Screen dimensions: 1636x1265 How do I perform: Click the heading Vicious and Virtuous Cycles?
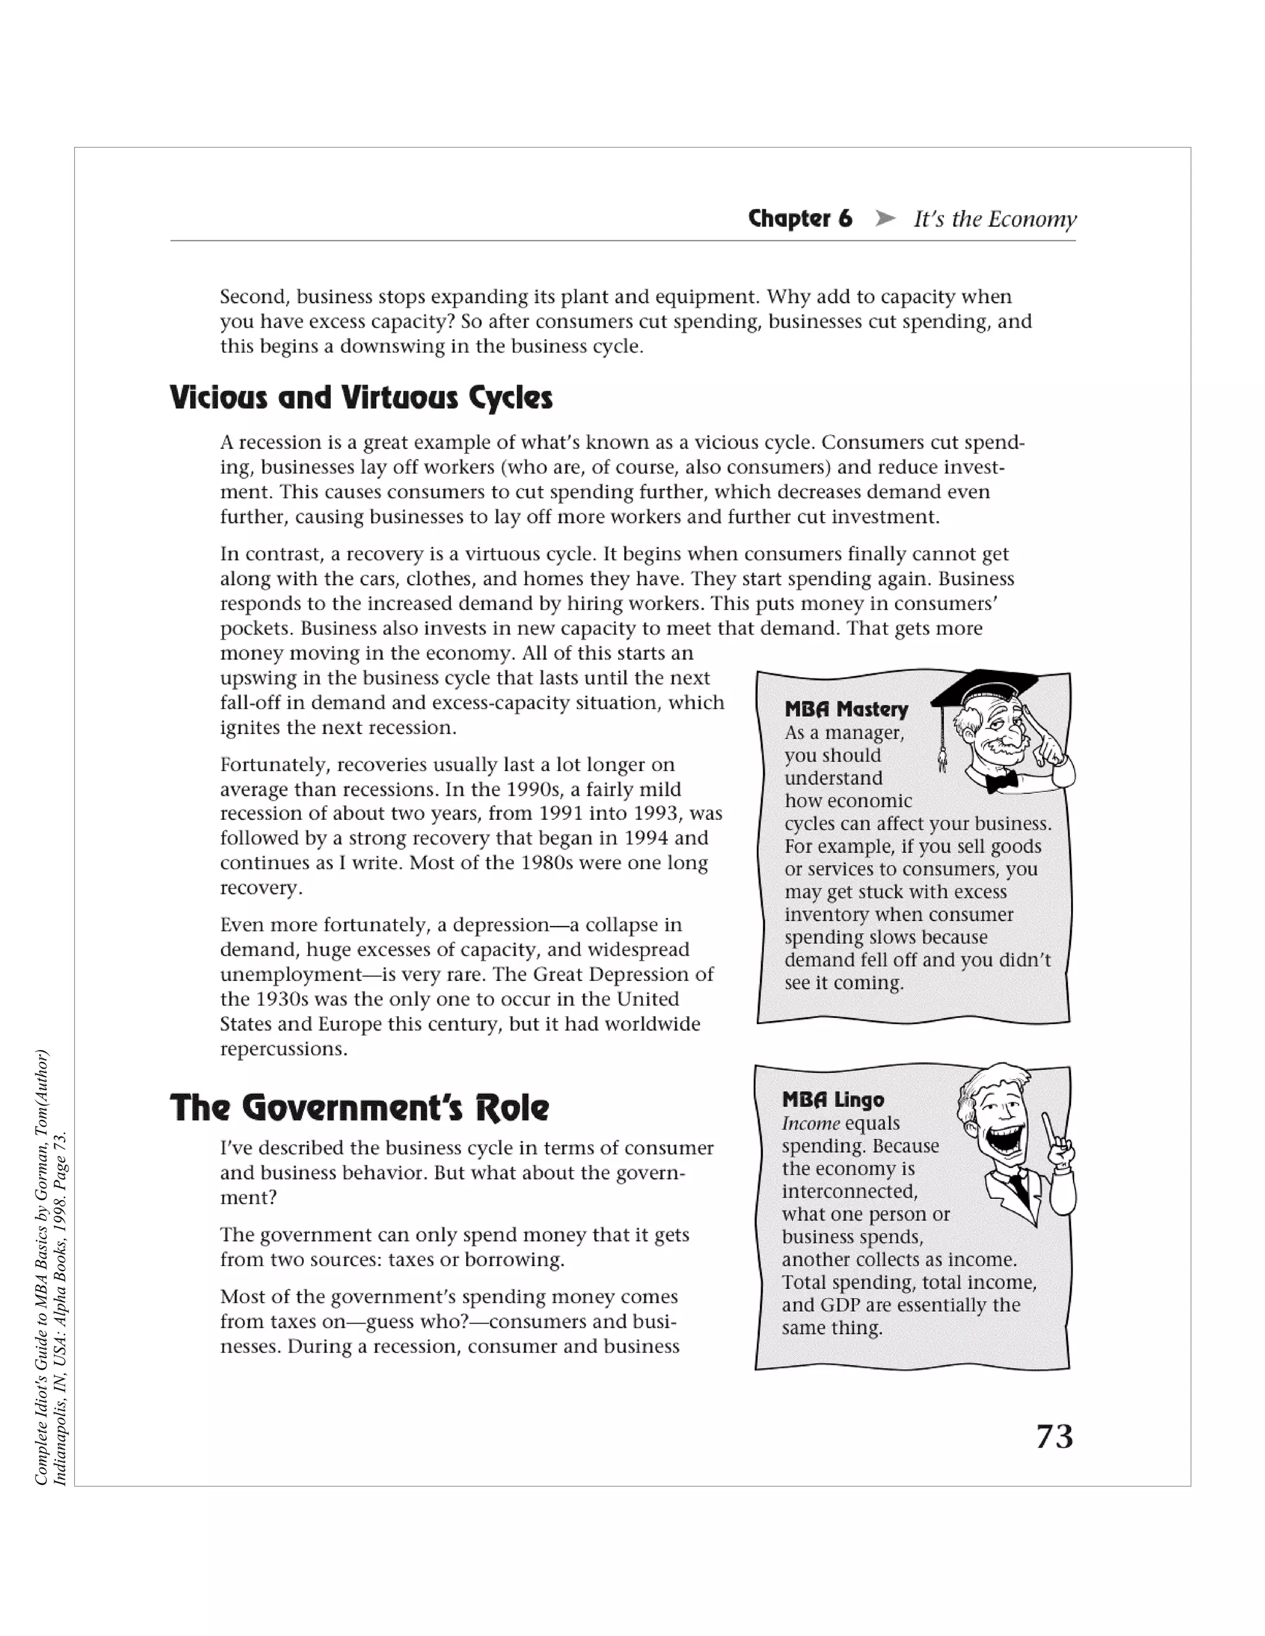(x=361, y=398)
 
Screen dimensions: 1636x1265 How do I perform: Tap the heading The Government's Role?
(x=359, y=1107)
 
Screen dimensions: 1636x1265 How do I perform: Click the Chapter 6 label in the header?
(x=800, y=219)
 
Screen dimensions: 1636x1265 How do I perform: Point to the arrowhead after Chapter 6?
(x=885, y=219)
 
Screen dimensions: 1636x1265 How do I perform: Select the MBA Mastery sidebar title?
(x=846, y=709)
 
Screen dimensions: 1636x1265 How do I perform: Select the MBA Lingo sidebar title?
(x=833, y=1100)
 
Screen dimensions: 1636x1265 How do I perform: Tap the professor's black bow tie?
(x=1001, y=782)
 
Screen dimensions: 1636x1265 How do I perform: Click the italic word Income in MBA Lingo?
(x=810, y=1124)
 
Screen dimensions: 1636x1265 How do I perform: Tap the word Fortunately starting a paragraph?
(x=275, y=765)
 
